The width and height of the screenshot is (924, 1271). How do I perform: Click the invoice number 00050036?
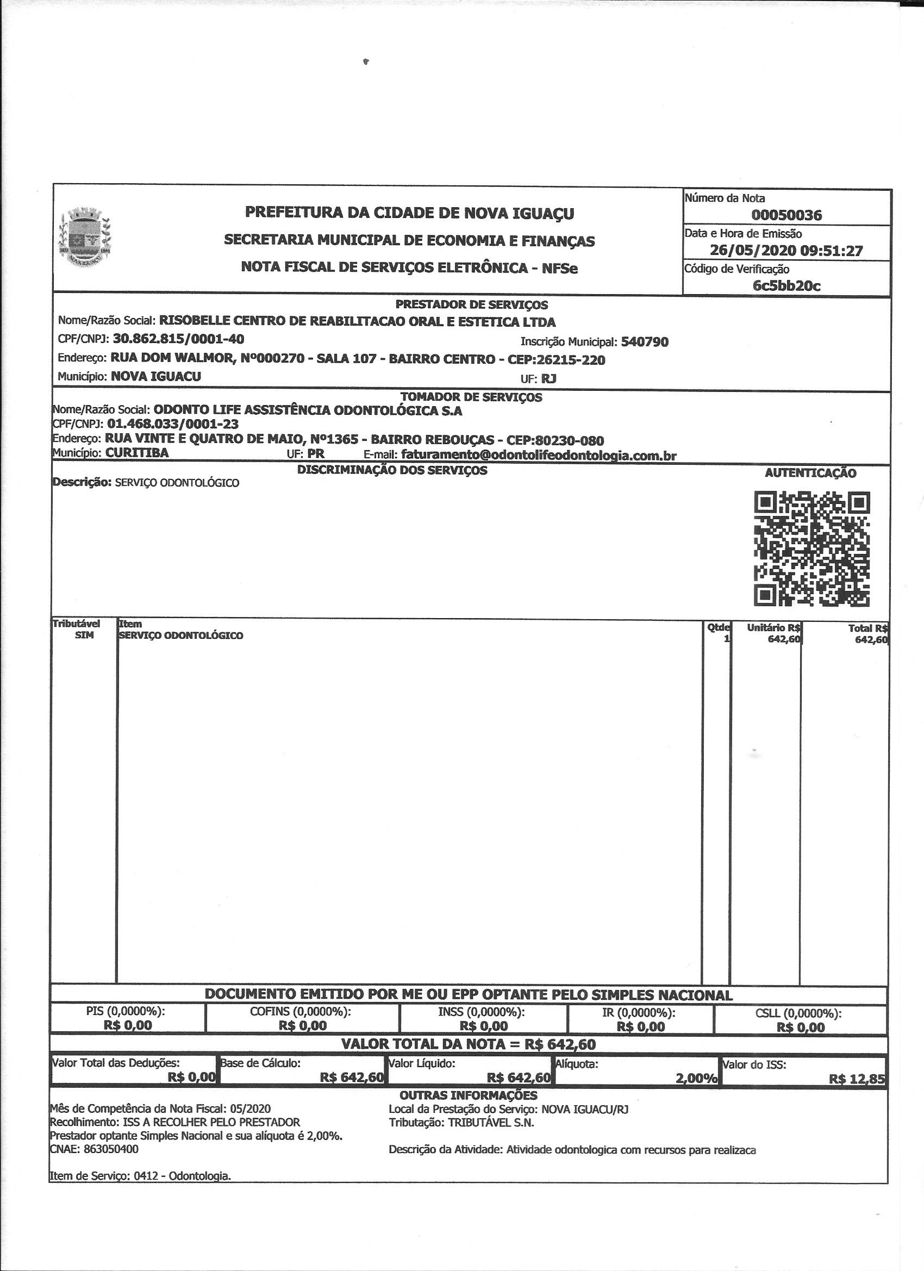click(x=786, y=215)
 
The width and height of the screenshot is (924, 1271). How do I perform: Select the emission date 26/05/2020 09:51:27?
click(x=786, y=251)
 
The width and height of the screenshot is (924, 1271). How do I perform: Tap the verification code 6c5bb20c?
click(x=786, y=286)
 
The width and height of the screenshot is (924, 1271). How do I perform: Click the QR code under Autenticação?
click(x=812, y=549)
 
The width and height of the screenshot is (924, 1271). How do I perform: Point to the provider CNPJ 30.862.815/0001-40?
click(x=178, y=339)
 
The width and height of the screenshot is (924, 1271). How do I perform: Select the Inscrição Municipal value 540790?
click(x=645, y=342)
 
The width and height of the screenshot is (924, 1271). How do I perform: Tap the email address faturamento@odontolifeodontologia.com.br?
click(x=539, y=455)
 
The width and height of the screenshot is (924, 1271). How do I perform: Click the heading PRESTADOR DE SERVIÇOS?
click(x=471, y=305)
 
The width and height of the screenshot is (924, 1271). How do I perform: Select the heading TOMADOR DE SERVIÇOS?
click(x=471, y=397)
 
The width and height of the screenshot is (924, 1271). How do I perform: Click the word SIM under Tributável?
click(x=84, y=635)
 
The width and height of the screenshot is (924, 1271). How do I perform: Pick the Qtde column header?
click(x=718, y=628)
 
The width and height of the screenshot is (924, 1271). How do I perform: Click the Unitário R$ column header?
click(x=774, y=628)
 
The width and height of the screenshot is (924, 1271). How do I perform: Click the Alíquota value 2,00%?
click(x=696, y=1079)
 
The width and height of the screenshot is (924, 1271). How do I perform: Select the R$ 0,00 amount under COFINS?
click(x=303, y=1026)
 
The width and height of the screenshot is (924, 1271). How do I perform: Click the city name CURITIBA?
click(x=137, y=453)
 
